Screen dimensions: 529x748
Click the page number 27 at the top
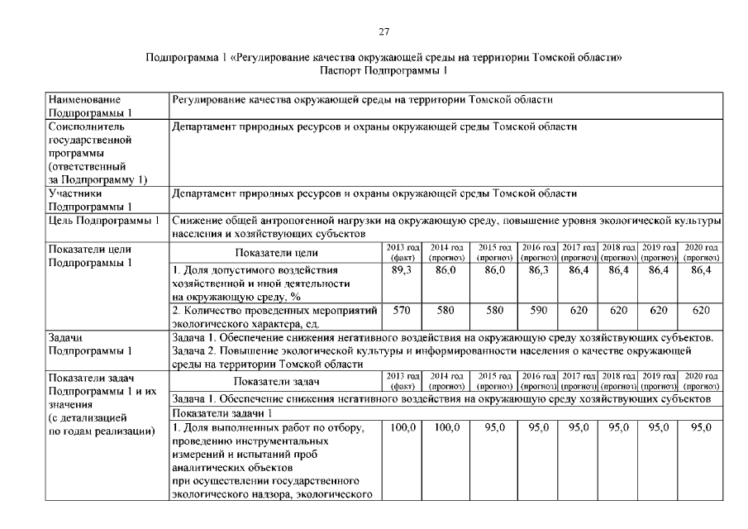[x=383, y=32]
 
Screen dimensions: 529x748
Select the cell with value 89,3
[x=402, y=270]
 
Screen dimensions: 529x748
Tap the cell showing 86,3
[x=535, y=270]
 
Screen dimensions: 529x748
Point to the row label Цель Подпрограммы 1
[x=104, y=221]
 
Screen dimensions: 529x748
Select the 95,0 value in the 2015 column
[x=493, y=427]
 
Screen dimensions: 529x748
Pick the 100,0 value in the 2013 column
[x=402, y=427]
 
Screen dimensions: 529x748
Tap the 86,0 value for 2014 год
[x=446, y=270]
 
